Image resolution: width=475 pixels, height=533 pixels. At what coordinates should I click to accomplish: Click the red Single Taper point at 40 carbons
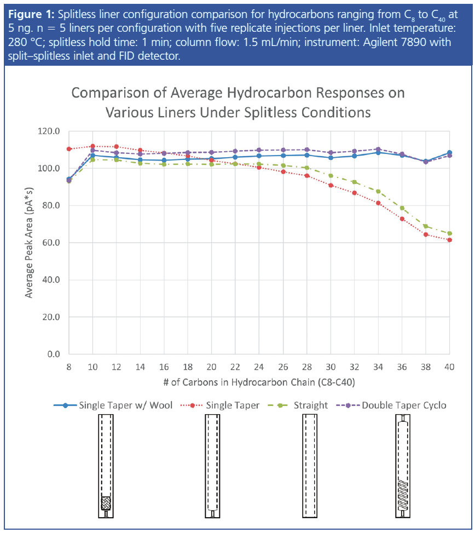click(449, 240)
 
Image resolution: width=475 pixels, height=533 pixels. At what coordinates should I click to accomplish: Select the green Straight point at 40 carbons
click(449, 233)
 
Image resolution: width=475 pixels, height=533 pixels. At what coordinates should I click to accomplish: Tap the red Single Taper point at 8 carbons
click(69, 149)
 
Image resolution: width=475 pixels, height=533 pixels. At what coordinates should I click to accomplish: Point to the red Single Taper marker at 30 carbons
click(331, 185)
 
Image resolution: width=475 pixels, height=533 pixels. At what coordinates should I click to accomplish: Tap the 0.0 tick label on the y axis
click(53, 354)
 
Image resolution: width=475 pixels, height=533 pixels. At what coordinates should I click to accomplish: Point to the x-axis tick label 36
click(402, 365)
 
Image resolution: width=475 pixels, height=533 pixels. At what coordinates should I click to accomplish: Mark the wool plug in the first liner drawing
click(106, 503)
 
